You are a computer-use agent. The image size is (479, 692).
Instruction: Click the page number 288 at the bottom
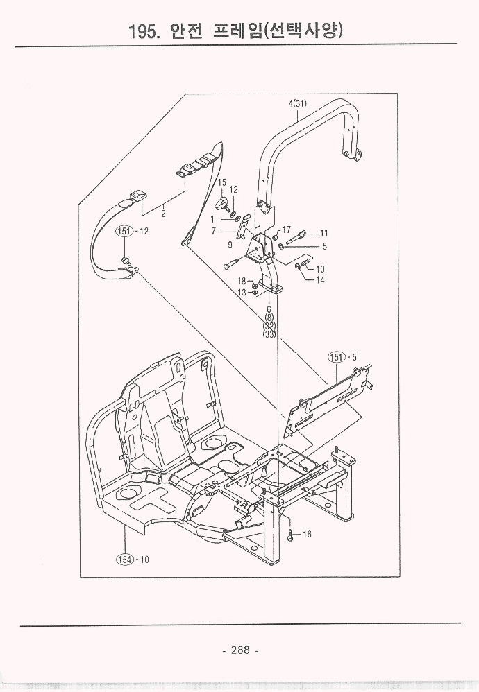click(239, 650)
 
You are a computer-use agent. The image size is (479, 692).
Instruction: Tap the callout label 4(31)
click(298, 104)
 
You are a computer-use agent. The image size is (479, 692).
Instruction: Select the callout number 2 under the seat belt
click(163, 214)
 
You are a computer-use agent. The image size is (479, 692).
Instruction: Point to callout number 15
click(222, 182)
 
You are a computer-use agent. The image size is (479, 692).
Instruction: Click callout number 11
click(323, 233)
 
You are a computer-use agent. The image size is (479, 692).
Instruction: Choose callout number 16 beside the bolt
click(307, 535)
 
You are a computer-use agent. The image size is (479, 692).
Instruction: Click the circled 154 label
click(124, 560)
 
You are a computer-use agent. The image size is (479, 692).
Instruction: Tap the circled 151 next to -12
click(124, 231)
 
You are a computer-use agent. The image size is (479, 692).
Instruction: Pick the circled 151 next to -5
click(337, 356)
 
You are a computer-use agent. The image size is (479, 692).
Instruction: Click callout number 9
click(229, 244)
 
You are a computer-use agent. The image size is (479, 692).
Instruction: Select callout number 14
click(320, 280)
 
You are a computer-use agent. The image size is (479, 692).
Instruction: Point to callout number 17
click(285, 230)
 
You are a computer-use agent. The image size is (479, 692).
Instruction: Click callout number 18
click(242, 281)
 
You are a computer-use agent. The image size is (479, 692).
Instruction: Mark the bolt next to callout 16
click(290, 535)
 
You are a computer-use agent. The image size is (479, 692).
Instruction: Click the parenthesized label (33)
click(269, 334)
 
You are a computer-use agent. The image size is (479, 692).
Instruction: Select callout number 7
click(215, 230)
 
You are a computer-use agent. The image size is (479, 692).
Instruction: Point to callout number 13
click(242, 293)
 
